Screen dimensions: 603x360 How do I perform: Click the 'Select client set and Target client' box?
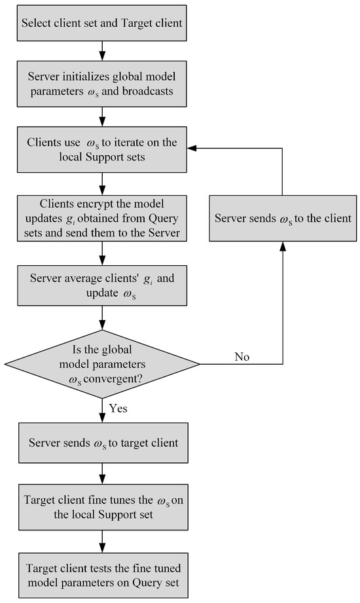point(102,22)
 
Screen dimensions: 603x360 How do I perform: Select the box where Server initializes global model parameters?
point(102,84)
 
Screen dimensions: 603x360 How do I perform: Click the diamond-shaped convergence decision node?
point(102,363)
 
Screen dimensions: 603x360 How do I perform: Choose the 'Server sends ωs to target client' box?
point(102,443)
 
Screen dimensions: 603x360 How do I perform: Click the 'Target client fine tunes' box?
point(102,507)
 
